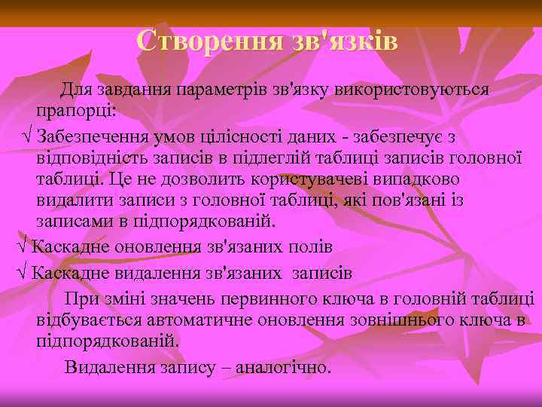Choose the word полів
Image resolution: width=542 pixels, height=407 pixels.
point(309,246)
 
